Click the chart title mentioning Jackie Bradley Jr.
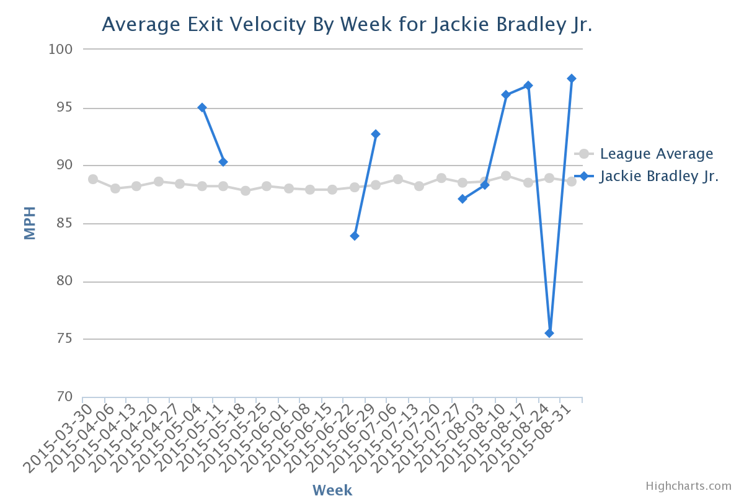point(347,25)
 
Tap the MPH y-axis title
point(30,223)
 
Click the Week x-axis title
point(332,490)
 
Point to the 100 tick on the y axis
point(61,50)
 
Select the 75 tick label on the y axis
point(64,339)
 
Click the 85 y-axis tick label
point(64,223)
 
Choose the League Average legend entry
point(644,154)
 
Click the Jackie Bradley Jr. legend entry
point(646,176)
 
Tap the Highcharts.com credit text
point(689,486)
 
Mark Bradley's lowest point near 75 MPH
point(549,333)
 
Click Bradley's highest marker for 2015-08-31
point(572,78)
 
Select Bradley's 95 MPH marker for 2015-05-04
point(202,108)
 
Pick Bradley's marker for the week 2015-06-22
point(355,236)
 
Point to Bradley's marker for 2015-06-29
point(376,134)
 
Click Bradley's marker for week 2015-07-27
point(463,199)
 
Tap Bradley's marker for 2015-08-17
point(528,86)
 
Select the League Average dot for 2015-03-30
point(93,179)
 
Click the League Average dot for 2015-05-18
point(246,191)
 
